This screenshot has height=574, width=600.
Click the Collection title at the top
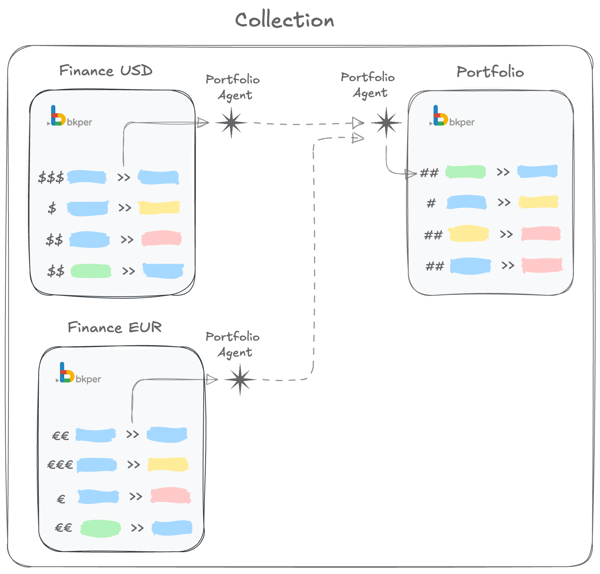[284, 20]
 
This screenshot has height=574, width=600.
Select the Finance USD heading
[106, 71]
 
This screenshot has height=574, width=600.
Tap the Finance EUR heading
[115, 328]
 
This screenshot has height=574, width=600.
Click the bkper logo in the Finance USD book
[70, 116]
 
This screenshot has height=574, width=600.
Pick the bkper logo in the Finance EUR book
[78, 373]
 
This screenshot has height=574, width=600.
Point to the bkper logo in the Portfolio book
[452, 116]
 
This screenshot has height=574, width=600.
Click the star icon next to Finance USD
[231, 123]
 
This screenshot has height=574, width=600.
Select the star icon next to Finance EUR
[240, 380]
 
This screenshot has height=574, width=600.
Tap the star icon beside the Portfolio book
[386, 123]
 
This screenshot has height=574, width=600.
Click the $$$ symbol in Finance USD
[51, 178]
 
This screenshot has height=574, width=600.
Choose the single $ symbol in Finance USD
[52, 208]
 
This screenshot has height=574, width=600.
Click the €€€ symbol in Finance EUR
[60, 465]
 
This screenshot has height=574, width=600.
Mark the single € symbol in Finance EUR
[61, 499]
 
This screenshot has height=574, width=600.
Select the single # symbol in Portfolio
[431, 203]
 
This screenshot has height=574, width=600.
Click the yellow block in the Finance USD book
[159, 207]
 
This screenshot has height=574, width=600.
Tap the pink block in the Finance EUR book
[171, 495]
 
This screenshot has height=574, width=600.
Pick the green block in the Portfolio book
[465, 172]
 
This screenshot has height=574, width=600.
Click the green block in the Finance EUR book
[100, 528]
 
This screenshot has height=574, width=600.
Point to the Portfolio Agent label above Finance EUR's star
[233, 344]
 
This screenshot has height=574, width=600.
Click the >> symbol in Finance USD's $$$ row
[124, 177]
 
